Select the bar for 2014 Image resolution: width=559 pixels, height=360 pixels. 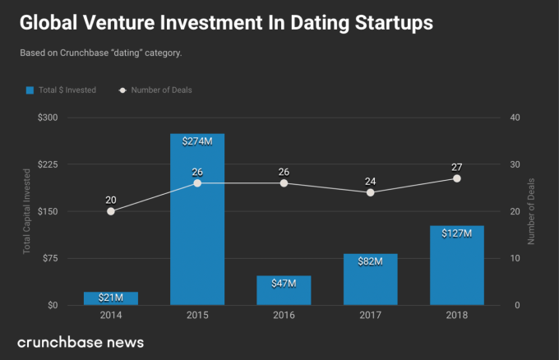click(x=111, y=298)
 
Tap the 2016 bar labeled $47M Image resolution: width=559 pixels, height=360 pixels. click(x=284, y=291)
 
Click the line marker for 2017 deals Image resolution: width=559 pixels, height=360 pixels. click(x=371, y=192)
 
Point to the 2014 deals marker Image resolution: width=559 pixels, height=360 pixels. click(x=111, y=211)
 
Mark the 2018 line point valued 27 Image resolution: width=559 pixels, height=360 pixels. click(x=457, y=178)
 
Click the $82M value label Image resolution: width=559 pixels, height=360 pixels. click(x=370, y=261)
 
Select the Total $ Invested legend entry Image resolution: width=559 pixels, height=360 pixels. click(x=61, y=90)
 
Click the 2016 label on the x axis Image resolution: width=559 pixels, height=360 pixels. click(x=284, y=316)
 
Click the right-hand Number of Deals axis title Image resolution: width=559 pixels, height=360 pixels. click(x=532, y=211)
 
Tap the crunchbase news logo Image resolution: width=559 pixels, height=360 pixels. click(x=81, y=341)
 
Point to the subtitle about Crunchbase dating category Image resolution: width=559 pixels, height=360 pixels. click(x=100, y=53)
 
